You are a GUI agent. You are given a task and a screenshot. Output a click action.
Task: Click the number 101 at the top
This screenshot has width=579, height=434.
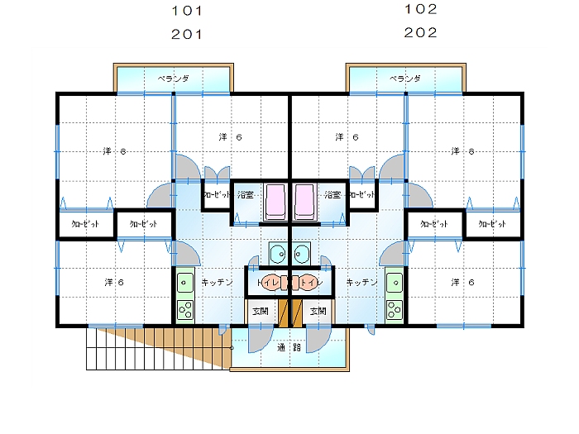(186, 12)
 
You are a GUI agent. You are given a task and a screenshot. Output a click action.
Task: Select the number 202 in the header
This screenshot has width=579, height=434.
(421, 33)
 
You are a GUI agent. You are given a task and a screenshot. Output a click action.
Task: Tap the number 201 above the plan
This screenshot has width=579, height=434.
(186, 34)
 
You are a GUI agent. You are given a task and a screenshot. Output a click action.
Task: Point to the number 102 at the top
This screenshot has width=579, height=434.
(421, 10)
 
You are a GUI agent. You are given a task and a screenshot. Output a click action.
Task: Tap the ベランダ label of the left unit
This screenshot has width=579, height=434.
(174, 79)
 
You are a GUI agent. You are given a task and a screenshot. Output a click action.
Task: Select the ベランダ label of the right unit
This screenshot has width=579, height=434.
(405, 79)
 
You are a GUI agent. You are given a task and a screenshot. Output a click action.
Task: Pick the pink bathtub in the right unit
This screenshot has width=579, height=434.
(305, 201)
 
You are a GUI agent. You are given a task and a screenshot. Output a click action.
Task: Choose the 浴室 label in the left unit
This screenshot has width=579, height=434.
(246, 195)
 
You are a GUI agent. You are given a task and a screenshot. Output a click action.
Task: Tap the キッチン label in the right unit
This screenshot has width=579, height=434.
(362, 283)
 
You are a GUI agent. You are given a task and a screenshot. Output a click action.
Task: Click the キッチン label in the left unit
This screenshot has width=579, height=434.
(217, 283)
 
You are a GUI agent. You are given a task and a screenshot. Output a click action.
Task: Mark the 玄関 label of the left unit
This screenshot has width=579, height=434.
(260, 312)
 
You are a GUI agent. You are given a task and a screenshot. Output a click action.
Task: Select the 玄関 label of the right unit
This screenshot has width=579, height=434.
(318, 312)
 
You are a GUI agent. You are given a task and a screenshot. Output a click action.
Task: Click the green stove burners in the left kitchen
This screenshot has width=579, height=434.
(185, 312)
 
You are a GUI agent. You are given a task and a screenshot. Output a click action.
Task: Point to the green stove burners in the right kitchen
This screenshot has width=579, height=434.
(394, 312)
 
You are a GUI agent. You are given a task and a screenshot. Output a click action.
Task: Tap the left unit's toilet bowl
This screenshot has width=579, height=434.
(275, 283)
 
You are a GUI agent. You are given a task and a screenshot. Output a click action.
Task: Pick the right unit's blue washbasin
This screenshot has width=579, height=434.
(302, 252)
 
